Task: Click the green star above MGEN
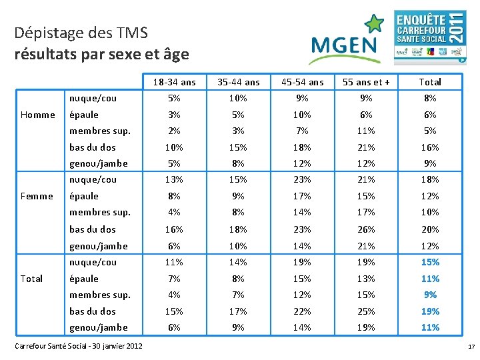click(375, 25)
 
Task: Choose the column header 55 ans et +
click(366, 82)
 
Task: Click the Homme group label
click(38, 115)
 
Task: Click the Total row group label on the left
click(32, 279)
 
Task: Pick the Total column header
click(429, 82)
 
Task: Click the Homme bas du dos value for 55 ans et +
click(366, 147)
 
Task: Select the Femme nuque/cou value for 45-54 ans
click(302, 179)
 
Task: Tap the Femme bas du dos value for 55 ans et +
click(366, 229)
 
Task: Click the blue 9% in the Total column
click(430, 295)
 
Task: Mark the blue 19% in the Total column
click(430, 311)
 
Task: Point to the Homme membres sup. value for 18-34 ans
click(174, 131)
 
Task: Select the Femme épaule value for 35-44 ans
click(238, 196)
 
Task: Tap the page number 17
click(471, 347)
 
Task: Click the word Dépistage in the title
click(44, 33)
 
